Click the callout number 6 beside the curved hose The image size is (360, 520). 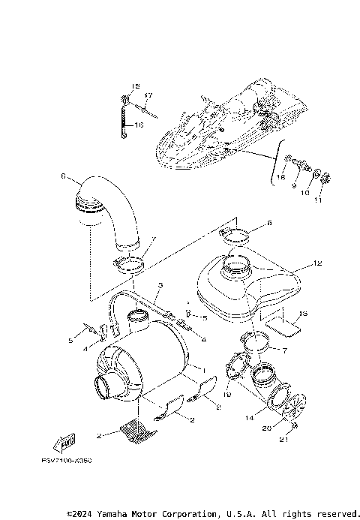coord(64,178)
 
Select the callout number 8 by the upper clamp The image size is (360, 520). coord(269,224)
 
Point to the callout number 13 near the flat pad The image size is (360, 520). coord(302,314)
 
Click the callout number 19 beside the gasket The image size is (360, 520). coord(228,395)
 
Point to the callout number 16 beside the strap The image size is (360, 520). coord(139,125)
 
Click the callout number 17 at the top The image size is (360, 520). coord(148,95)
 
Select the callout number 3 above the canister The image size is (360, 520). coord(160,286)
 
